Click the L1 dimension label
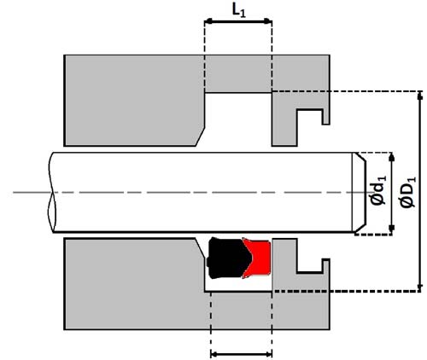(238, 12)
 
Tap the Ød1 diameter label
(378, 190)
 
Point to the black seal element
(228, 258)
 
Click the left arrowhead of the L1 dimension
(208, 21)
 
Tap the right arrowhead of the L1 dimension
(268, 21)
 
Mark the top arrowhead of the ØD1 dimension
(419, 96)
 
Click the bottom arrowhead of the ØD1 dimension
(419, 287)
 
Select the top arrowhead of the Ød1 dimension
(392, 157)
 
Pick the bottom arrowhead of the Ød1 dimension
(392, 228)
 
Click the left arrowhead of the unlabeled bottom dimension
(214, 354)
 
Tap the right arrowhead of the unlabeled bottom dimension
(268, 354)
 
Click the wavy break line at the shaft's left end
(51, 193)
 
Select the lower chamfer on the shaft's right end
(360, 228)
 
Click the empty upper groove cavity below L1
(238, 119)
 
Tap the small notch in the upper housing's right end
(310, 117)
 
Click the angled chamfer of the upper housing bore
(201, 136)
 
